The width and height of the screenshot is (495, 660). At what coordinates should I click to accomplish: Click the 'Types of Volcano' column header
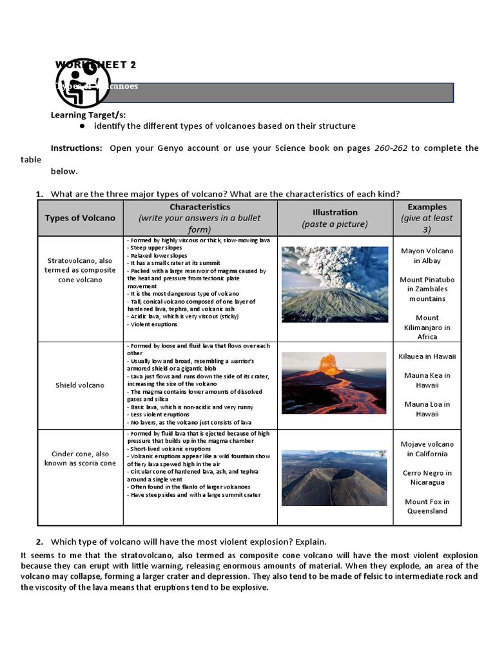pyautogui.click(x=80, y=218)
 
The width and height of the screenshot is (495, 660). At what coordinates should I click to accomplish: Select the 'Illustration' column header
pyautogui.click(x=335, y=218)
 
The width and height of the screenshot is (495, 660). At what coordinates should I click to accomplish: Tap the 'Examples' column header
pyautogui.click(x=427, y=218)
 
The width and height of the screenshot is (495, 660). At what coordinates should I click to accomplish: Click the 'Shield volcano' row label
pyautogui.click(x=80, y=385)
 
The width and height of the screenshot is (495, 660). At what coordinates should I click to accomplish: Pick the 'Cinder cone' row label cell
pyautogui.click(x=80, y=458)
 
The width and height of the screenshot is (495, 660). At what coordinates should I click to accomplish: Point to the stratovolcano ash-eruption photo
pyautogui.click(x=335, y=284)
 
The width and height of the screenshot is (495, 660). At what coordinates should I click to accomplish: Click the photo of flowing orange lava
pyautogui.click(x=335, y=383)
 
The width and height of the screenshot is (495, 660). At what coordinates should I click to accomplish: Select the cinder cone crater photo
pyautogui.click(x=335, y=478)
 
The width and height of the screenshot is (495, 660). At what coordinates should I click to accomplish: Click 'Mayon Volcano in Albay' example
pyautogui.click(x=427, y=256)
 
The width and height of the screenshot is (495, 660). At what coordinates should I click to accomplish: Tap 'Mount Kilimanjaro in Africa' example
pyautogui.click(x=427, y=327)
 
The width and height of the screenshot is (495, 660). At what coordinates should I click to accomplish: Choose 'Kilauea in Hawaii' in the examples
pyautogui.click(x=427, y=356)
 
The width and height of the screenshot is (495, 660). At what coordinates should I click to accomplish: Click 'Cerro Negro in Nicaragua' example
pyautogui.click(x=427, y=478)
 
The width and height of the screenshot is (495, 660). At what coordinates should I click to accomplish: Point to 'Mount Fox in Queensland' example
pyautogui.click(x=427, y=506)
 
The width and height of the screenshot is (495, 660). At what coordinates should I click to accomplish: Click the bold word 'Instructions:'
pyautogui.click(x=76, y=148)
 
